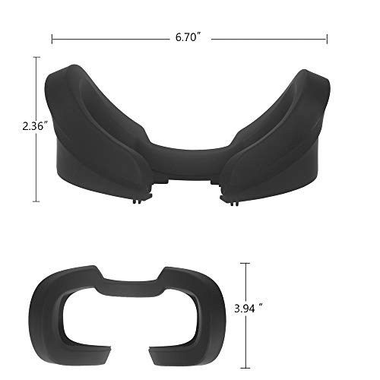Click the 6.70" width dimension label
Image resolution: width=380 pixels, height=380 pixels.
[x=188, y=36]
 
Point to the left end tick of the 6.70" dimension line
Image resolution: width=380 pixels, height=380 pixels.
[x=52, y=36]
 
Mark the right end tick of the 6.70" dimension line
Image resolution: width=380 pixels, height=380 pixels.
[x=327, y=36]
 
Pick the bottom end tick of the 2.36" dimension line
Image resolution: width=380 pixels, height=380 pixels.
[x=36, y=201]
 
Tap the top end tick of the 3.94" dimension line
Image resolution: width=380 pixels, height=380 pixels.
[x=245, y=263]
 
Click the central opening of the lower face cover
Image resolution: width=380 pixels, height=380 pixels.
[x=126, y=313]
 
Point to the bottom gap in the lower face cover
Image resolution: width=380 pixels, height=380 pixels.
[x=127, y=358]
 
